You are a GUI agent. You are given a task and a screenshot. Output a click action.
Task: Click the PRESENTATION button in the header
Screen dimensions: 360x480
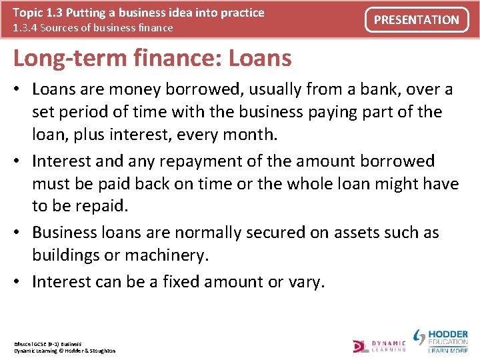pyautogui.click(x=417, y=20)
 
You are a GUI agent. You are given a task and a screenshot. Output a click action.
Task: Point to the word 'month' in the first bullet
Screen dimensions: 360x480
pyautogui.click(x=249, y=134)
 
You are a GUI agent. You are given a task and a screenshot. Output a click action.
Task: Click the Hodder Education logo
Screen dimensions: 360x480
pyautogui.click(x=441, y=340)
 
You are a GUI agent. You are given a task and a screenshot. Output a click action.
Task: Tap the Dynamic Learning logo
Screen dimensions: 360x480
pyautogui.click(x=379, y=345)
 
